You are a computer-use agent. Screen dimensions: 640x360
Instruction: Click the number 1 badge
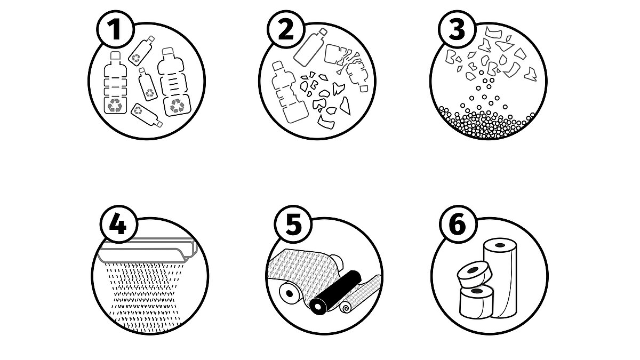116,29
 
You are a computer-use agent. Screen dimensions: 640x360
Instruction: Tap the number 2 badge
286,29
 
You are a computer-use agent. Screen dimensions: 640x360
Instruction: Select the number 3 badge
457,29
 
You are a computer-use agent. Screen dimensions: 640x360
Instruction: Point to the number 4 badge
118,224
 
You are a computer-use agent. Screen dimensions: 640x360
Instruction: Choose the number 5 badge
293,224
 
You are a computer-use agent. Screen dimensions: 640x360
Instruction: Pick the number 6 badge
458,224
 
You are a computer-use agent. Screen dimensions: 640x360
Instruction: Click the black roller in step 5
335,291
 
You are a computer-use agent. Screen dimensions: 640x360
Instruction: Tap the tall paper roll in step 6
501,278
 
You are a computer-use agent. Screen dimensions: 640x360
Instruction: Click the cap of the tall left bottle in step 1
115,55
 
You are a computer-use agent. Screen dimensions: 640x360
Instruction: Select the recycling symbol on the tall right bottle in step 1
177,106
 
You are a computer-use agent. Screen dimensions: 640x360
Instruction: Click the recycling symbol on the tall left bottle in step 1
115,105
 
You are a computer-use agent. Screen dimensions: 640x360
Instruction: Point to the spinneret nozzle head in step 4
148,250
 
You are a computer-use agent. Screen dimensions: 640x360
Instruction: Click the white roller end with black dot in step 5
289,293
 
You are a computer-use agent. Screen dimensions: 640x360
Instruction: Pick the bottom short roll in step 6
476,302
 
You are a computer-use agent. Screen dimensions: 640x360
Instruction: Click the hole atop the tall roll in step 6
500,245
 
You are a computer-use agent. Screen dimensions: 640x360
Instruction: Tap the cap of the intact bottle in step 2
323,32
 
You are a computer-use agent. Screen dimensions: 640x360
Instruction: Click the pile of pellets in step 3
486,123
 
